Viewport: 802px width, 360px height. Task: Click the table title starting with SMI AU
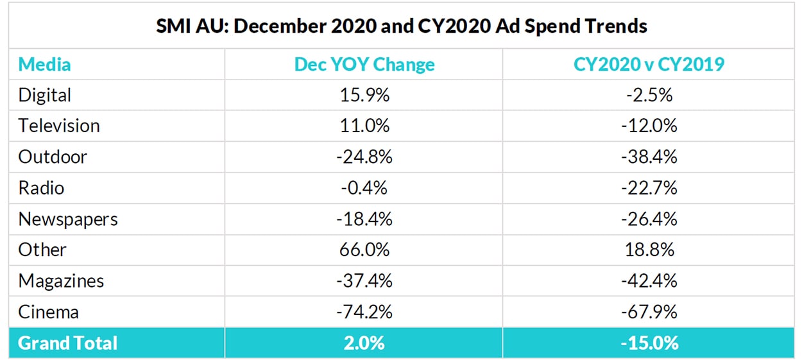401,26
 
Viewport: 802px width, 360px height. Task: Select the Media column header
44,64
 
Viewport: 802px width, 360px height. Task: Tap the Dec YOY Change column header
364,64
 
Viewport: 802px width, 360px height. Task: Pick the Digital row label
44,95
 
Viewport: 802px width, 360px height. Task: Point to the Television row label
59,126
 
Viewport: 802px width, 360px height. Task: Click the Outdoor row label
53,157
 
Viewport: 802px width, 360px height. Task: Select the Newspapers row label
68,219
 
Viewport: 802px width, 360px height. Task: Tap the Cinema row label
49,313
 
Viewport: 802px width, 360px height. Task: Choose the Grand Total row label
67,343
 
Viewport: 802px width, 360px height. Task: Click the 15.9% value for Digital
364,95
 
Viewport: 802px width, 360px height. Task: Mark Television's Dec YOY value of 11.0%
364,126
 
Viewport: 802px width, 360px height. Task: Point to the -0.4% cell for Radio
364,188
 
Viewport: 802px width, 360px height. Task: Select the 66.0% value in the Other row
364,250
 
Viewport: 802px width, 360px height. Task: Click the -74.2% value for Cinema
364,313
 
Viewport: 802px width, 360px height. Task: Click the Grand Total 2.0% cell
364,343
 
